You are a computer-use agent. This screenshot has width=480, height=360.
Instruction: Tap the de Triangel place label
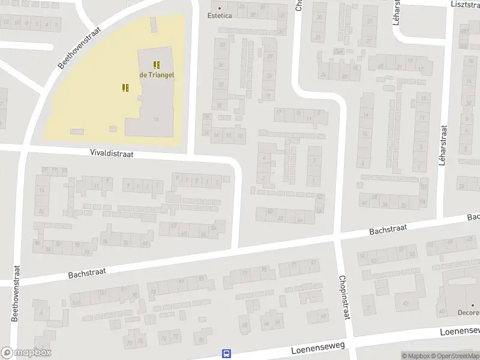pos(157,74)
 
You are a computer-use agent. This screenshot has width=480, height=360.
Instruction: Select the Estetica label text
pos(220,16)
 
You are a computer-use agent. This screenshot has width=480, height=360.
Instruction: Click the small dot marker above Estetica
pos(220,8)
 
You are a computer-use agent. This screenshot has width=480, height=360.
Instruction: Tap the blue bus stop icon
pos(227,354)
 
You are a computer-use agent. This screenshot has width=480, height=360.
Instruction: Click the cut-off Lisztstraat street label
pos(464,4)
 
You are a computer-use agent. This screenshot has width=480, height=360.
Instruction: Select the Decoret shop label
pos(469,313)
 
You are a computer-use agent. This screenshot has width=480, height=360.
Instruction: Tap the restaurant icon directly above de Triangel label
pos(157,65)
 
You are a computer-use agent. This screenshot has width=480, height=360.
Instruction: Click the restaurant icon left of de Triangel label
pos(125,88)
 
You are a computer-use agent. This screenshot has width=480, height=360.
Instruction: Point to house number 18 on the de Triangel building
pos(156,120)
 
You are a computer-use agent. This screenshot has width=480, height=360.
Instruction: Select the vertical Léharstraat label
pos(444,146)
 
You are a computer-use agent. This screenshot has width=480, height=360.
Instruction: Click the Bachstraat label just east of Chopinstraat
pos(388,229)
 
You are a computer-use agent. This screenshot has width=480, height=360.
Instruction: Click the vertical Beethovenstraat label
pos(16,294)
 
